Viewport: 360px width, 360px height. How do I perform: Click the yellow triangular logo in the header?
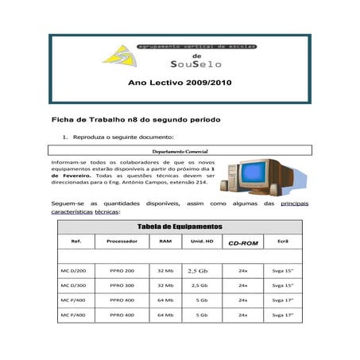point(118,56)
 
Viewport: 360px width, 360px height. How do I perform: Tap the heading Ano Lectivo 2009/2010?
point(179,83)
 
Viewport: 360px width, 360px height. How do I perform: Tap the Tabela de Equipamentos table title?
point(179,226)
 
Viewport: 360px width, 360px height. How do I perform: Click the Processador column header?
point(122,241)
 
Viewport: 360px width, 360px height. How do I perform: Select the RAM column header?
point(165,241)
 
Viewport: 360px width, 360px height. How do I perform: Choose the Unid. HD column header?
point(198,241)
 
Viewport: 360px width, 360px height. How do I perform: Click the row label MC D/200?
point(73,270)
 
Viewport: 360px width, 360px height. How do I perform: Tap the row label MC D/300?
point(73,285)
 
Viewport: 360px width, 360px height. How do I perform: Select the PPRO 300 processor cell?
point(122,285)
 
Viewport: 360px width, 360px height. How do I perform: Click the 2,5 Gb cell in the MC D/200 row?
point(198,270)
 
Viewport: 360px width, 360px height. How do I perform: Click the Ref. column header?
point(76,241)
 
